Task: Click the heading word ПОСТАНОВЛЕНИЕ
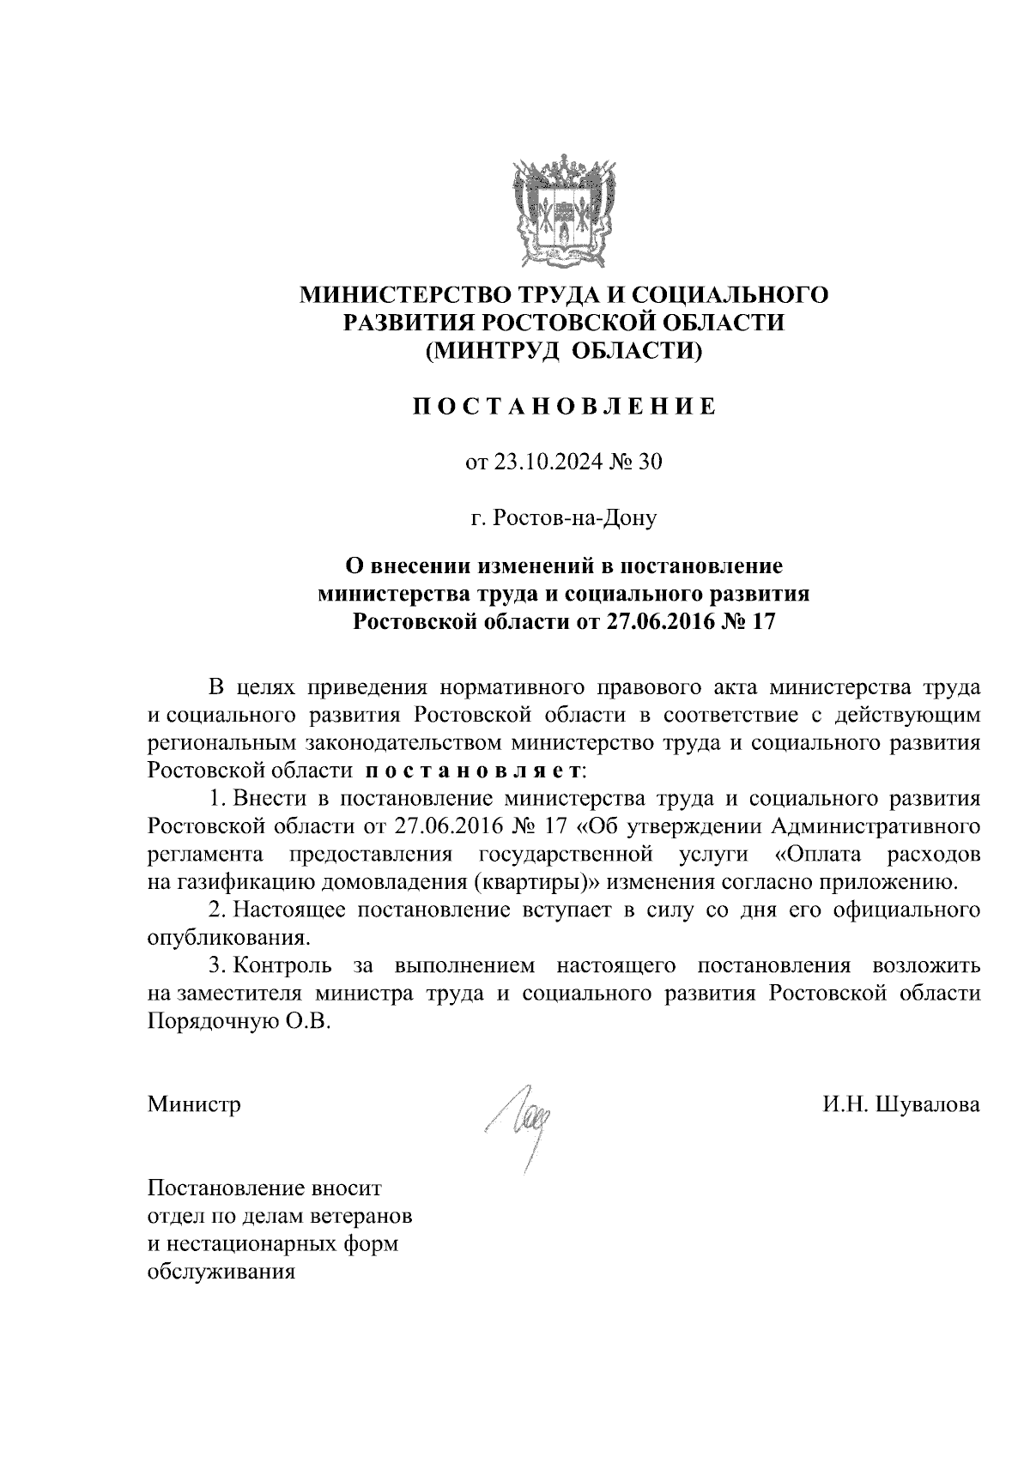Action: [564, 406]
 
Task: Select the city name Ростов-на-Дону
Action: [564, 517]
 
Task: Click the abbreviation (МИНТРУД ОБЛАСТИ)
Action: [564, 350]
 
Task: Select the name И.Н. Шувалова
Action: [900, 1104]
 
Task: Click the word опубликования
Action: [227, 937]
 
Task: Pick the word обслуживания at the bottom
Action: [221, 1272]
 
